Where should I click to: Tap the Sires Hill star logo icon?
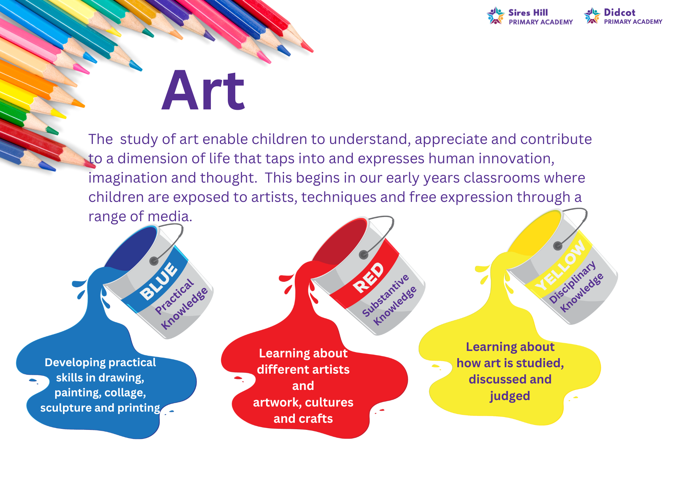[496, 16]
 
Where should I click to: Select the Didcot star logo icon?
[592, 16]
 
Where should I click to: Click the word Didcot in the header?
[619, 13]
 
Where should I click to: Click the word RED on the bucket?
[369, 278]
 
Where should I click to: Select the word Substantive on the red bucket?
[386, 295]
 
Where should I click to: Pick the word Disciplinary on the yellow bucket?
[572, 282]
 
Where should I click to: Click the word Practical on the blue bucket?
[174, 296]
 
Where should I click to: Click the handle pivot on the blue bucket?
[154, 261]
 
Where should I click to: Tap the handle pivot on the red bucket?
[364, 255]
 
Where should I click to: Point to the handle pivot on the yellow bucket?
[558, 246]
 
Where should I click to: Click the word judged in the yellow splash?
[510, 396]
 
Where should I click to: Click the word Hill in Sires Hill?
[540, 13]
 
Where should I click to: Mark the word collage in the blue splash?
[125, 393]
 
